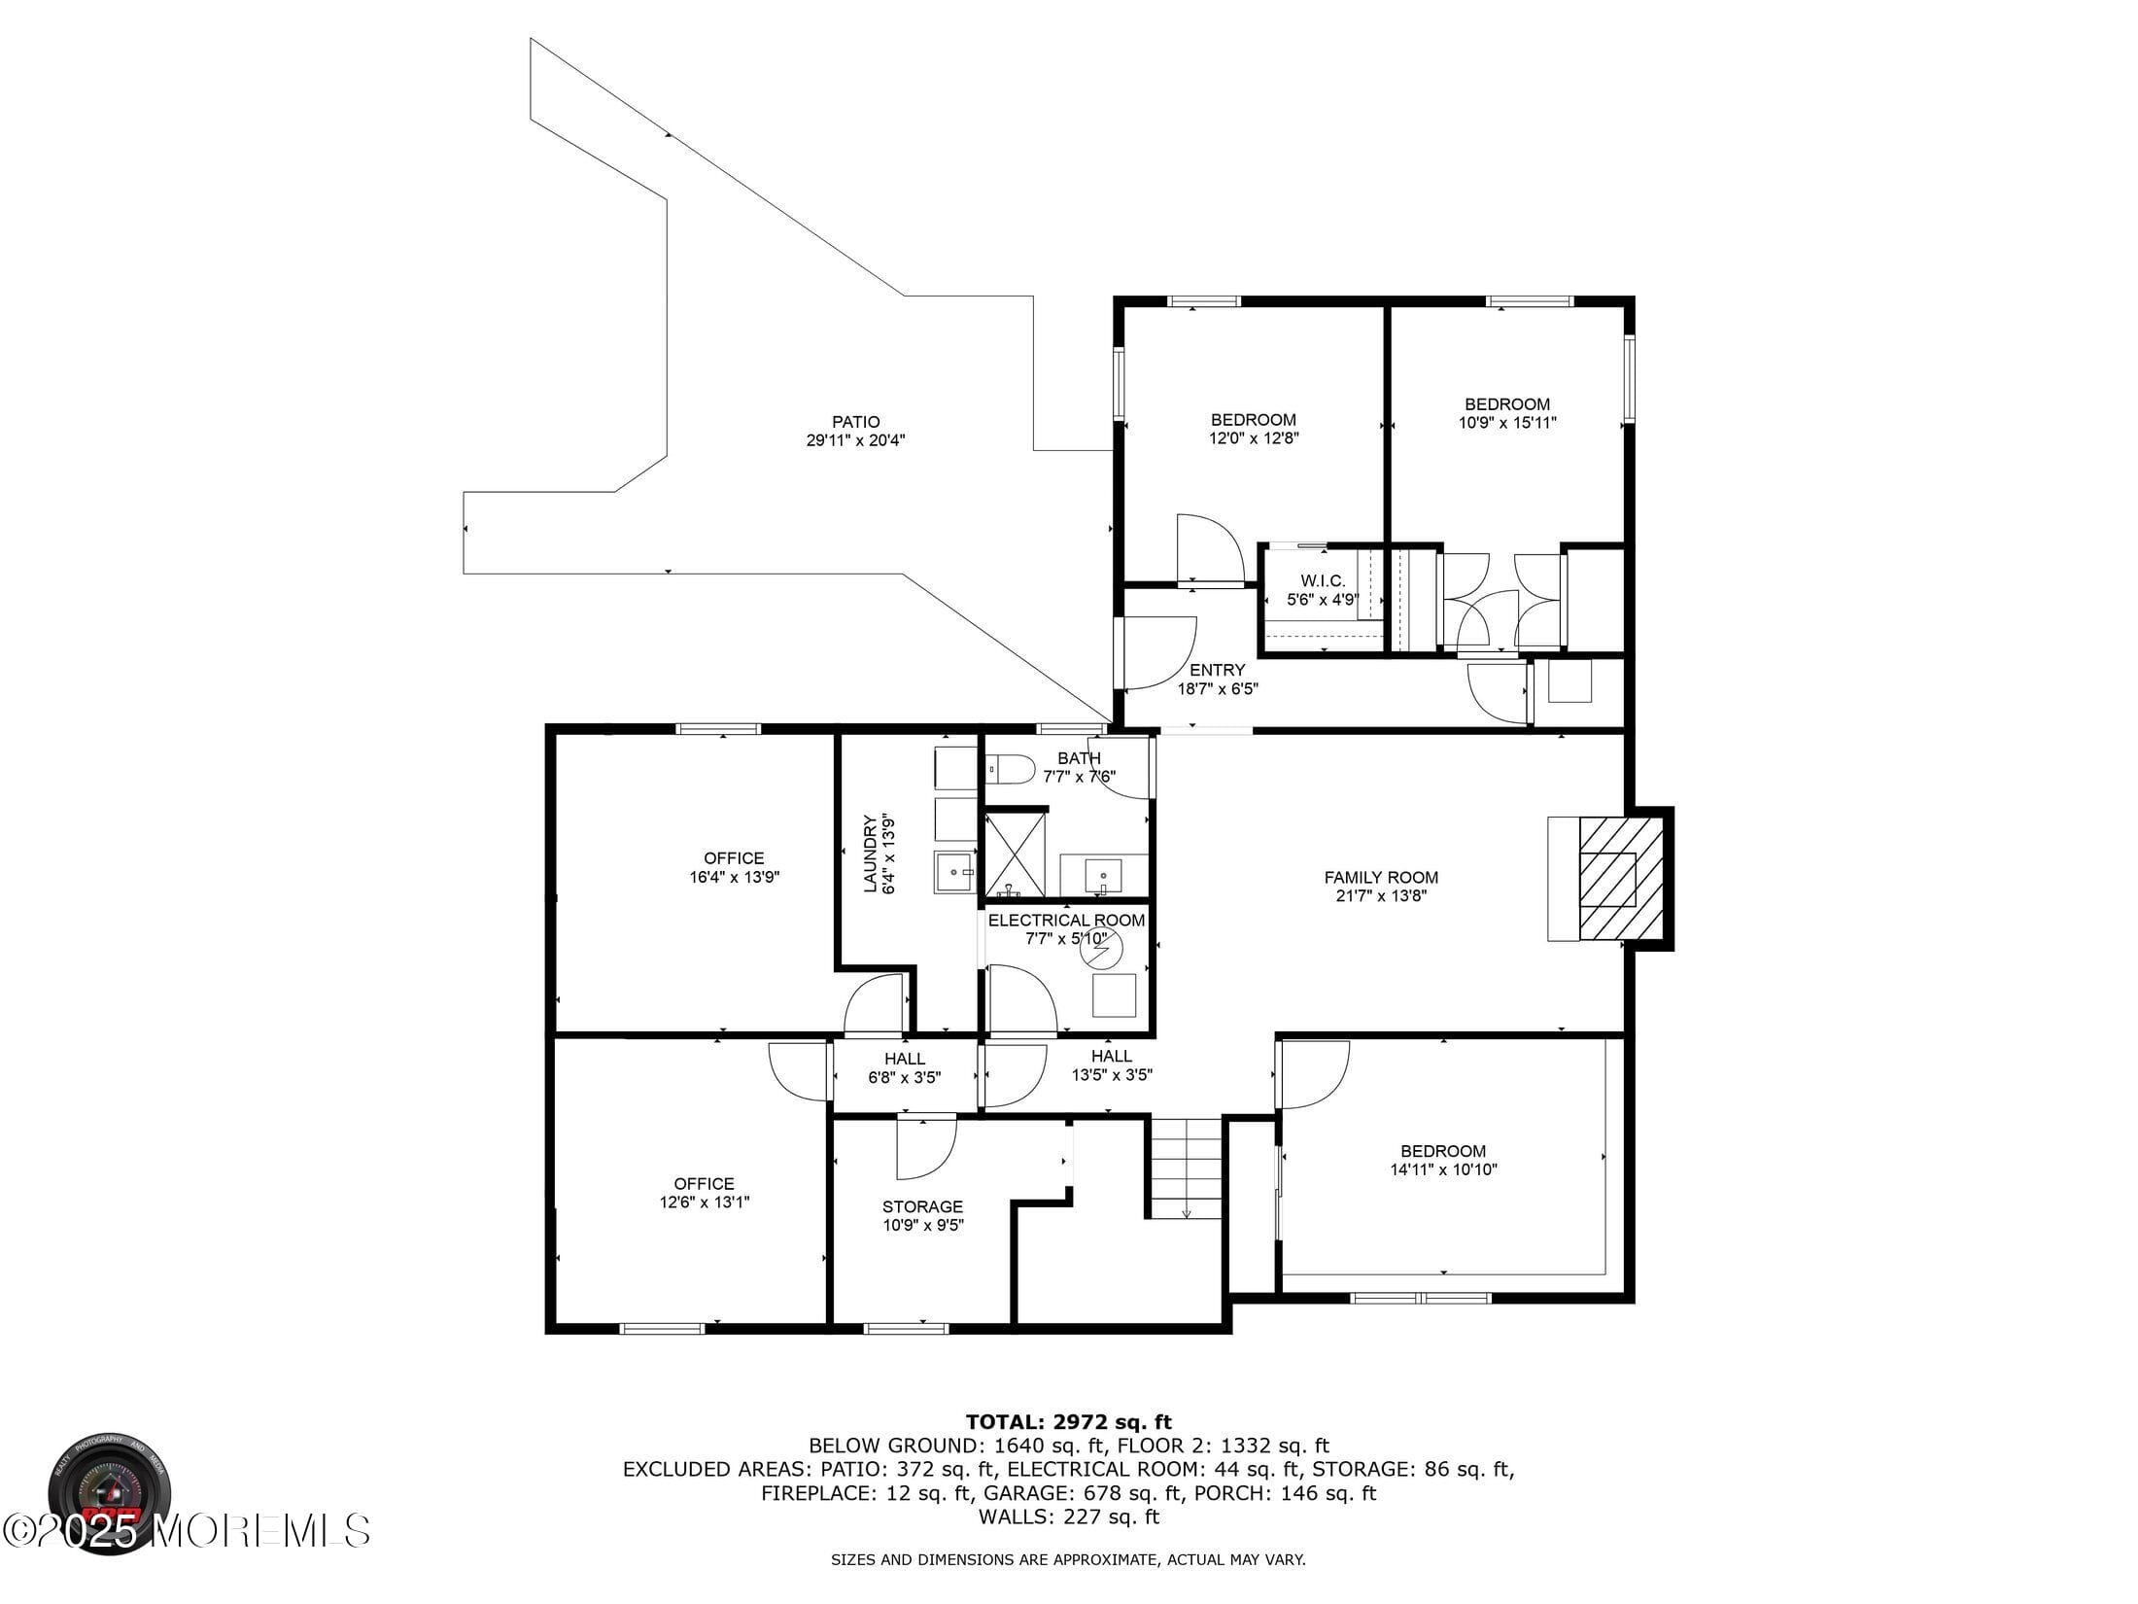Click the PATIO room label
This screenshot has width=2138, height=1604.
tap(855, 422)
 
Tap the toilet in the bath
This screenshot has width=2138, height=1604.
tap(1011, 770)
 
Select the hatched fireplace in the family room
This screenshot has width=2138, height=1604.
tap(1620, 879)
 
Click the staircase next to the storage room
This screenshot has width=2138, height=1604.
tap(1186, 1168)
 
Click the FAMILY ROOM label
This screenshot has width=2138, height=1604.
tap(1381, 878)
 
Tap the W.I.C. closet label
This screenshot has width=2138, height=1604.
tap(1323, 581)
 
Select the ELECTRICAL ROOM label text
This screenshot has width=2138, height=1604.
tap(1066, 921)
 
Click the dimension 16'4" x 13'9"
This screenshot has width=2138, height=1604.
tap(734, 877)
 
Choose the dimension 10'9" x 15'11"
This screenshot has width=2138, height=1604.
tap(1507, 423)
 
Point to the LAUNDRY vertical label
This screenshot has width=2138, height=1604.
tap(871, 854)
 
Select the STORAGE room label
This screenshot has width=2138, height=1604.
tap(922, 1207)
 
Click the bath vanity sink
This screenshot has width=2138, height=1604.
tap(1103, 873)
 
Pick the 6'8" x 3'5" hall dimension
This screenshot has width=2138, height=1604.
tap(904, 1077)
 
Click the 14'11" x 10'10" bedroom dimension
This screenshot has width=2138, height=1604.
tap(1443, 1170)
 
